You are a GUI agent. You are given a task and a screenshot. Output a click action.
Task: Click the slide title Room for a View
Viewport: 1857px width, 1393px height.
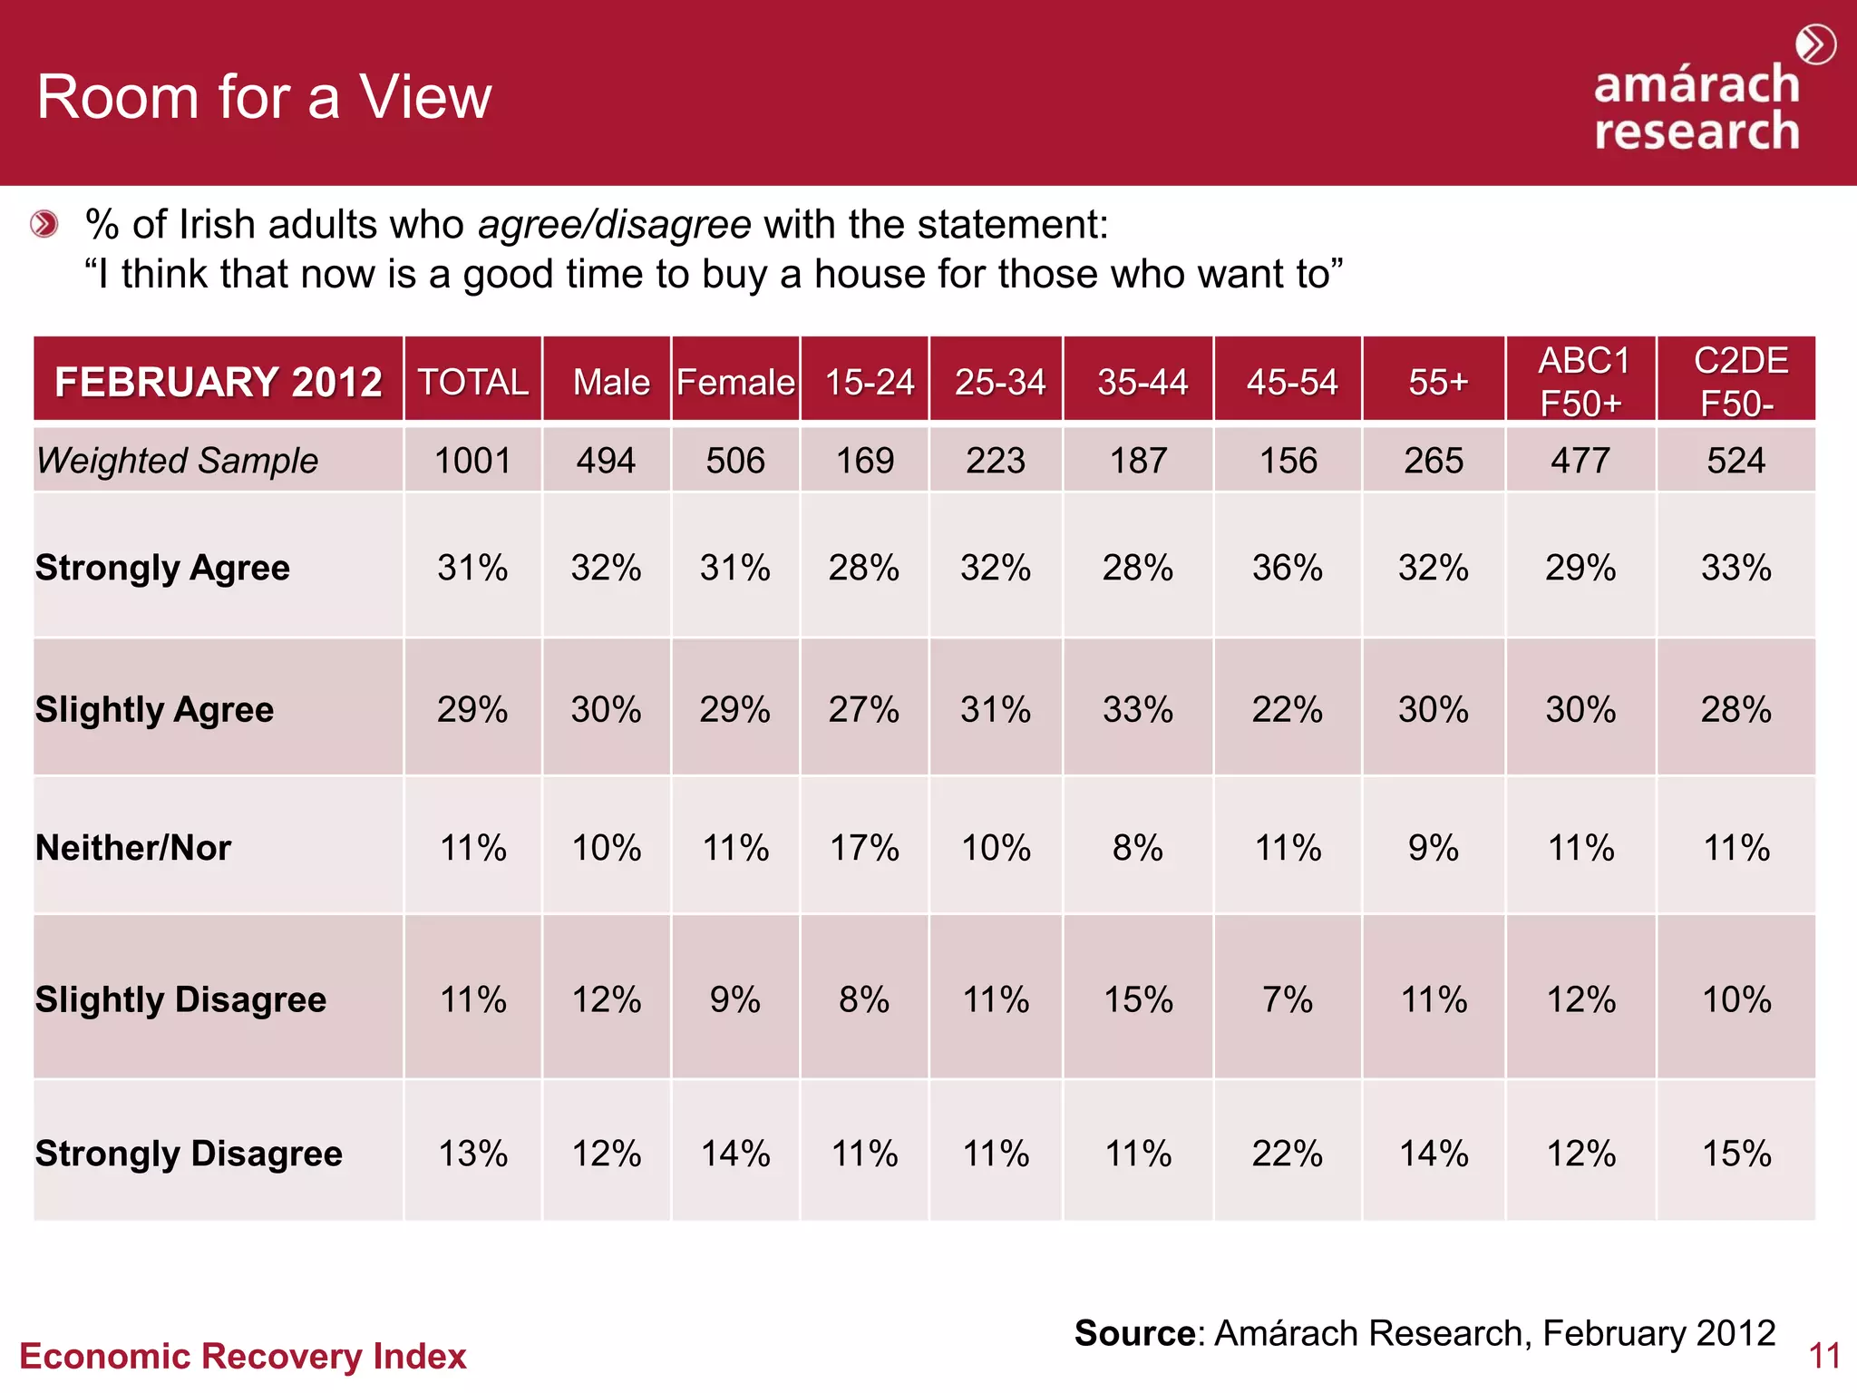point(264,97)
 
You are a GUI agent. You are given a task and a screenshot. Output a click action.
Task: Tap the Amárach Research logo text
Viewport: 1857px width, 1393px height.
point(1697,107)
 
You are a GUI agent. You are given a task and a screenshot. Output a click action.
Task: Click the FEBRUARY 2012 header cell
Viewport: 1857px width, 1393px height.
point(218,382)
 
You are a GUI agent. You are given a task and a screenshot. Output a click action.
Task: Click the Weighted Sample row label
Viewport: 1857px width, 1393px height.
point(178,461)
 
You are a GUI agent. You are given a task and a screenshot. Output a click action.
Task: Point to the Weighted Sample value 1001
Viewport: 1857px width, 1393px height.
point(472,461)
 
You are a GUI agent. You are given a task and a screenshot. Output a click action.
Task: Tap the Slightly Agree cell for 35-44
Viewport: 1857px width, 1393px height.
point(1138,709)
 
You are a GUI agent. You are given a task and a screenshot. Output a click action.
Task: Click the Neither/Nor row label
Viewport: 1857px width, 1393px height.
point(133,848)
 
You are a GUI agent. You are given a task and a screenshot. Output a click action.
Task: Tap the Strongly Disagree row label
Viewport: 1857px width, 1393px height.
point(189,1154)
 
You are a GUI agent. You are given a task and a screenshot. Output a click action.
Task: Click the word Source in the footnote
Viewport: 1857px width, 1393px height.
point(1134,1333)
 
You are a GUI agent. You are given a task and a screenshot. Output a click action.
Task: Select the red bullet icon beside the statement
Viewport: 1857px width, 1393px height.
point(44,224)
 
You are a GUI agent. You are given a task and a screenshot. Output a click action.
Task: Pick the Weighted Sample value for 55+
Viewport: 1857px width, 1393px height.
point(1434,461)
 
